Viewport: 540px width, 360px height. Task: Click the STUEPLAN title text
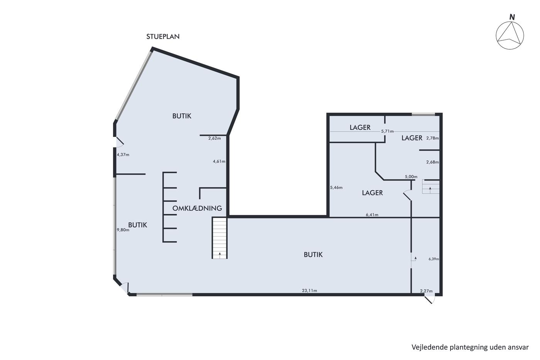[x=163, y=37]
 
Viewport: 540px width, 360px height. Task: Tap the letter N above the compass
[x=512, y=17]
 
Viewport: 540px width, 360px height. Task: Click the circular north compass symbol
[x=510, y=35]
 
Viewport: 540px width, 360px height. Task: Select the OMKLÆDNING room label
[x=197, y=208]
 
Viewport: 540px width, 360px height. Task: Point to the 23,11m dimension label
[x=309, y=291]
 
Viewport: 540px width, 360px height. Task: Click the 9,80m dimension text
[x=123, y=230]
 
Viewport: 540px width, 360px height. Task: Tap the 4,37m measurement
[x=123, y=155]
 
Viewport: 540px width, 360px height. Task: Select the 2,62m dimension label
[x=214, y=139]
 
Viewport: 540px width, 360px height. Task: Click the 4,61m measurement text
[x=219, y=162]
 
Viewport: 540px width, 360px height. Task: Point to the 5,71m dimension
[x=387, y=132]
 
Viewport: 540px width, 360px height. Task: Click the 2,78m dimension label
[x=432, y=138]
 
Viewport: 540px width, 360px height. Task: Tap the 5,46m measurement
[x=336, y=188]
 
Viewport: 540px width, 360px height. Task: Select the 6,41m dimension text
[x=372, y=215]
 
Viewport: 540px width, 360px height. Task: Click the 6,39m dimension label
[x=434, y=259]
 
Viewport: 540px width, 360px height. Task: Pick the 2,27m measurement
[x=426, y=291]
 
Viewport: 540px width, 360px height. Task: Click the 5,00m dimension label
[x=411, y=177]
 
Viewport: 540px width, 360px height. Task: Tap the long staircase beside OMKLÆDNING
[x=219, y=238]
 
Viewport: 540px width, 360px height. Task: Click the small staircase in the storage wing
[x=431, y=187]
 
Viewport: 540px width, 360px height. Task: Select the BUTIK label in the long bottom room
[x=313, y=255]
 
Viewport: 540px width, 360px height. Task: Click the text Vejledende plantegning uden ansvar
[x=470, y=347]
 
